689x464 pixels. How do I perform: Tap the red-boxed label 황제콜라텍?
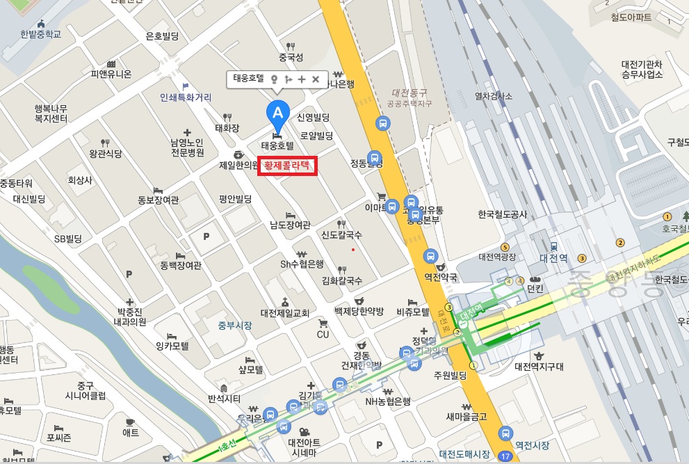pyautogui.click(x=287, y=166)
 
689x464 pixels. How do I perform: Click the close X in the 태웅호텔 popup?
pyautogui.click(x=316, y=79)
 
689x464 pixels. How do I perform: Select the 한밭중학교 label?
pyautogui.click(x=41, y=34)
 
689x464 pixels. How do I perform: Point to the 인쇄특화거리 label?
pyautogui.click(x=186, y=97)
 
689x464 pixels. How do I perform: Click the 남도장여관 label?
pyautogui.click(x=290, y=225)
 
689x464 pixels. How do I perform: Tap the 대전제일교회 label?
pyautogui.click(x=284, y=313)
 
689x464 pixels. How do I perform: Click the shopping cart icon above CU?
pyautogui.click(x=323, y=323)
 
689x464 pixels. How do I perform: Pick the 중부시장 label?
pyautogui.click(x=235, y=325)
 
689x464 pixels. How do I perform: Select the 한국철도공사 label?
pyautogui.click(x=503, y=215)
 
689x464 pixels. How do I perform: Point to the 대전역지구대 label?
pyautogui.click(x=539, y=366)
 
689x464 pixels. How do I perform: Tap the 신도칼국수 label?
pyautogui.click(x=341, y=235)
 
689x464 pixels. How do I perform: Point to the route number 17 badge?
pyautogui.click(x=505, y=456)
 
